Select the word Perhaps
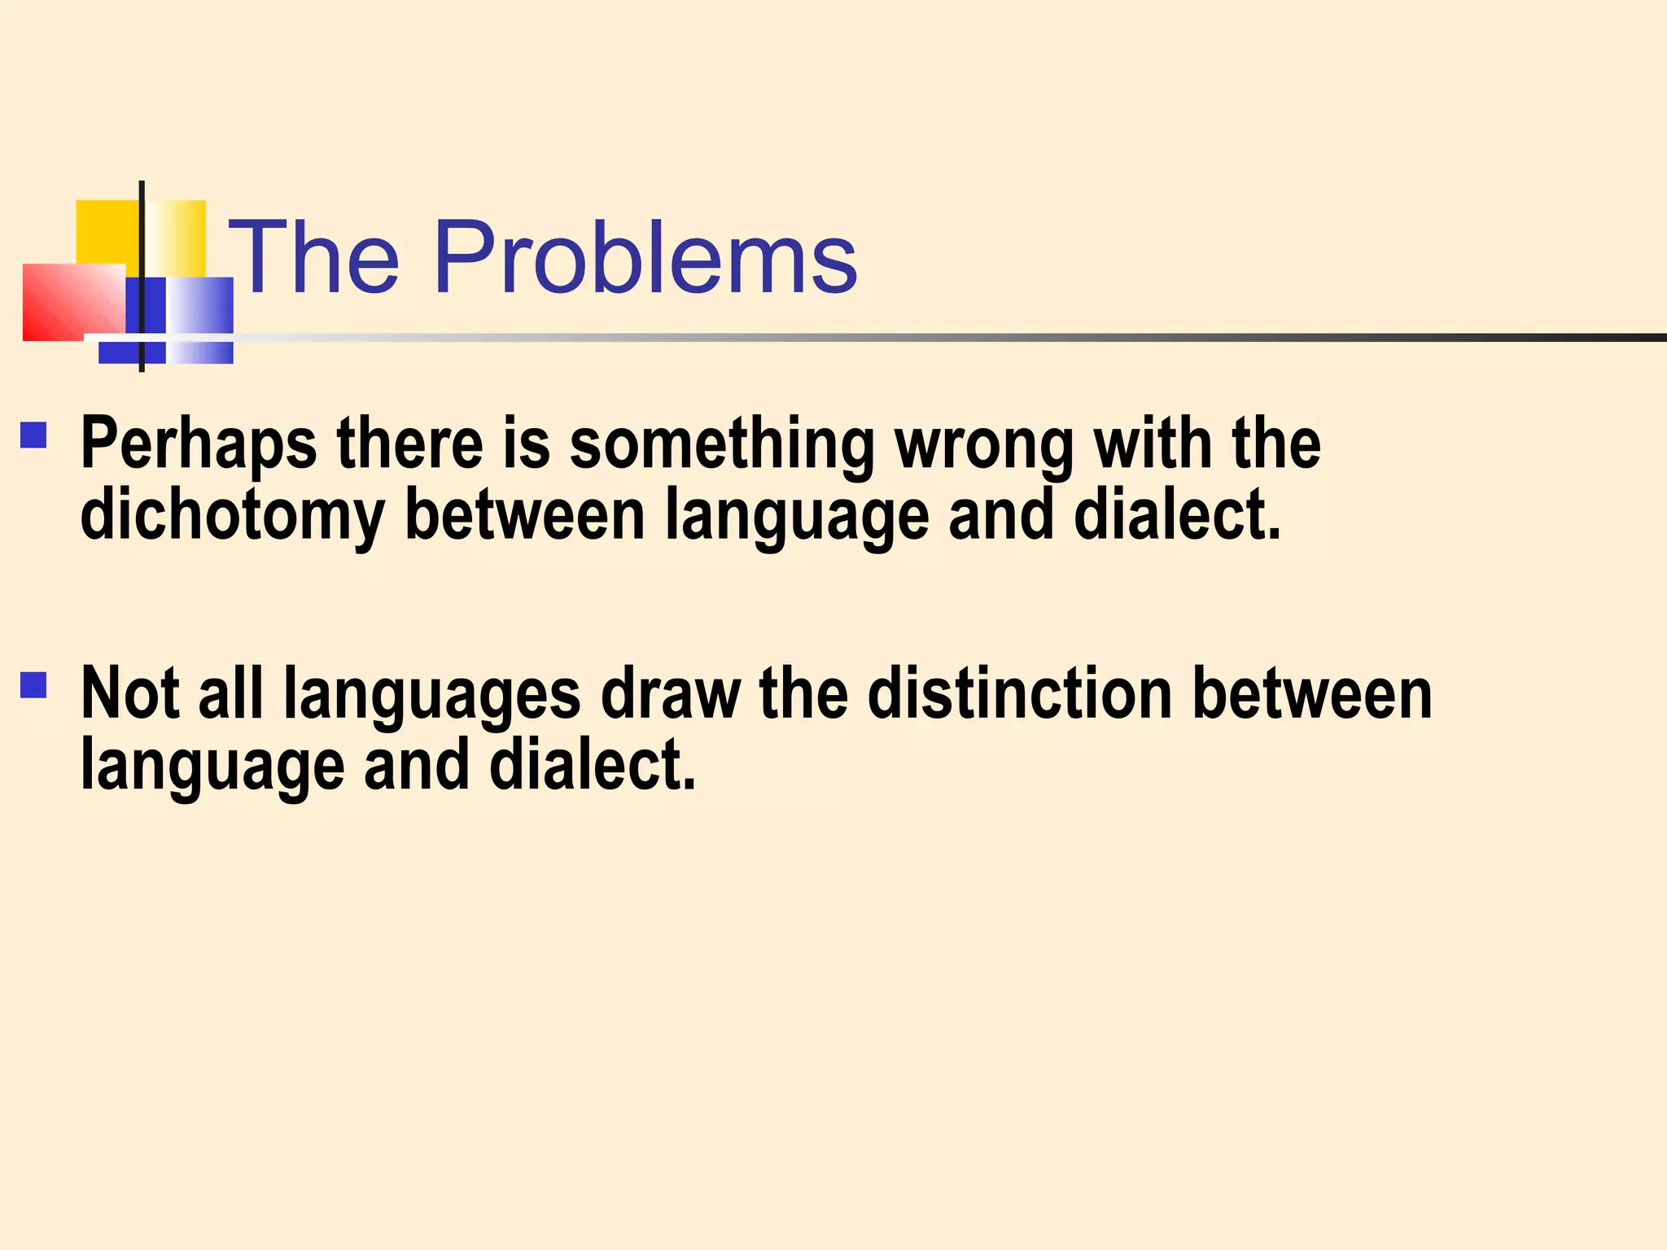click(x=199, y=444)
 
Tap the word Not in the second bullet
click(x=130, y=694)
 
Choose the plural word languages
click(x=432, y=694)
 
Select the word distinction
click(x=1020, y=694)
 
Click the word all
click(x=231, y=694)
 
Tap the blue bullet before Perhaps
click(x=34, y=435)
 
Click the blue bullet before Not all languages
click(x=34, y=685)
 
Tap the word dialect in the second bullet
click(x=592, y=766)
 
